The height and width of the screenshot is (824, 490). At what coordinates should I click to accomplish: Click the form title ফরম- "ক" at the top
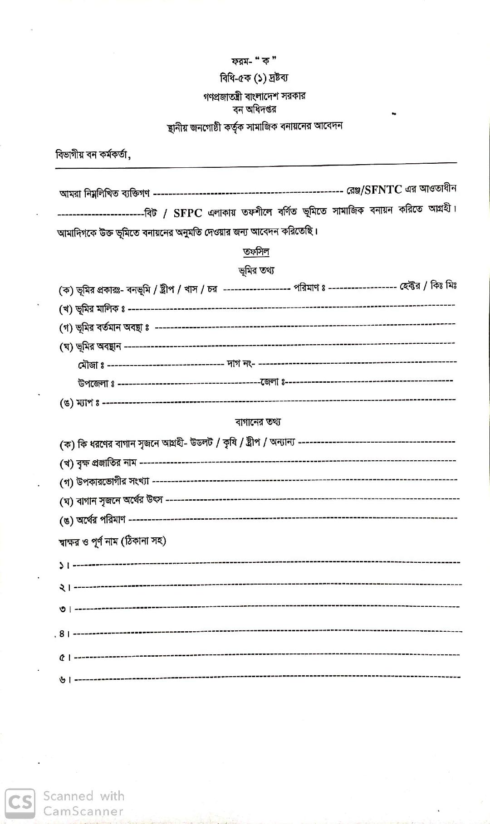point(254,61)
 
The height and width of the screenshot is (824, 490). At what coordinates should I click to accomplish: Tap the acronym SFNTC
point(383,190)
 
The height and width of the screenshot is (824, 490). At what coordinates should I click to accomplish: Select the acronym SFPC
point(187,213)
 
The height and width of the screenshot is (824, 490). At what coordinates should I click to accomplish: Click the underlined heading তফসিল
point(256,252)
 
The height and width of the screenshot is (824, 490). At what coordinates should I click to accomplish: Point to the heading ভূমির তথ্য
point(256,271)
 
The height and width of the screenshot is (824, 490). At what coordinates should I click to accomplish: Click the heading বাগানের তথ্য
point(258,422)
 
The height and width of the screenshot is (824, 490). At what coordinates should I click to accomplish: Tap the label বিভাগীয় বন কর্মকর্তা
point(93,155)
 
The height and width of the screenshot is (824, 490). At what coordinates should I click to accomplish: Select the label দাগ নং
point(240,364)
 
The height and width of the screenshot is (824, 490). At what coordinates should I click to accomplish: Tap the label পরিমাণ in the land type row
point(309,288)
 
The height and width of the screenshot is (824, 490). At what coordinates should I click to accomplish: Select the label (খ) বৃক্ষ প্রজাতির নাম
point(98,463)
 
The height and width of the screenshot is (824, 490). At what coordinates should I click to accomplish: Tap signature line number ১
point(64,566)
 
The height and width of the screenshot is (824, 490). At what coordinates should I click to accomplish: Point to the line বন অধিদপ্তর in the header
point(255,109)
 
